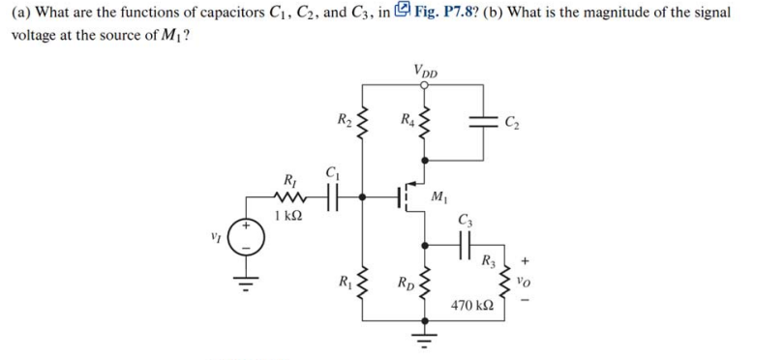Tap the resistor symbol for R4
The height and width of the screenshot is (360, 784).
tap(423, 123)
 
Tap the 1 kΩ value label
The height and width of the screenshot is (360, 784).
tap(288, 215)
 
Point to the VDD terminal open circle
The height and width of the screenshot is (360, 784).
tap(423, 84)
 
